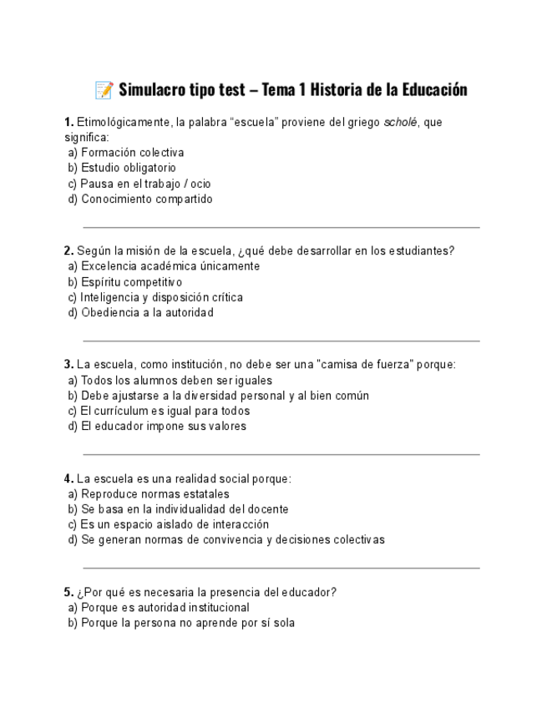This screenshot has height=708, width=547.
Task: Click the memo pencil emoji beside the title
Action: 104,89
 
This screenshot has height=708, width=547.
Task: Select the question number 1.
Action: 68,123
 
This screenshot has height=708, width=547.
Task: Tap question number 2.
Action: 68,250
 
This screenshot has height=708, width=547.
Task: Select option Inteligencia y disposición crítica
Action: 162,297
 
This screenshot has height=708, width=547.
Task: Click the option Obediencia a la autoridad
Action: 147,312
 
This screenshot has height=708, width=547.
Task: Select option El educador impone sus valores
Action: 163,426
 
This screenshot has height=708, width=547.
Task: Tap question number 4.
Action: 68,478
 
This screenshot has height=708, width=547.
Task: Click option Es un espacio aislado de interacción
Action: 175,524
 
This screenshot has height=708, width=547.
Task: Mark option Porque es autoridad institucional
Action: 165,608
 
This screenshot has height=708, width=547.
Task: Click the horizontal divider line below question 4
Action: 281,569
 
